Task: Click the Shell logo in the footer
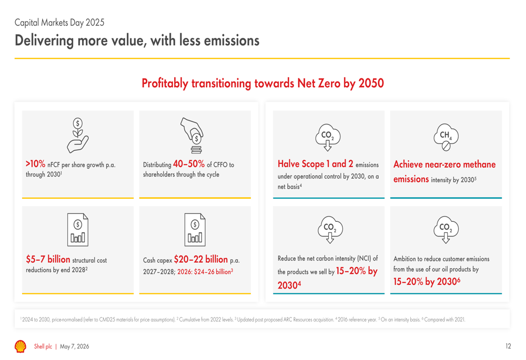pos(21,346)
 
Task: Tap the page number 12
pos(508,346)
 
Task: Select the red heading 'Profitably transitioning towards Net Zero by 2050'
pos(262,83)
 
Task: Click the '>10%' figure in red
pos(35,164)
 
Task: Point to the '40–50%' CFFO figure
pos(188,164)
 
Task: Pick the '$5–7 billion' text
pos(48,259)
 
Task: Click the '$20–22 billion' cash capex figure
pos(200,259)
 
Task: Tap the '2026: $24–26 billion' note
pos(205,272)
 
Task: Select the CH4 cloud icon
pos(446,137)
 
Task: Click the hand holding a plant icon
pos(77,136)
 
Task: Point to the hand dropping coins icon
pos(193,136)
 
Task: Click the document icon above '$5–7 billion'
pos(78,230)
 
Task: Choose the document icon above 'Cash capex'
pos(195,230)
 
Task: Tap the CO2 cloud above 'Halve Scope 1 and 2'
pos(328,137)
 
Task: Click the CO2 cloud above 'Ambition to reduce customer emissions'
pos(446,230)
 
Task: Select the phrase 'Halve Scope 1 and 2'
pos(315,163)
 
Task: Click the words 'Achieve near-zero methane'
pos(444,164)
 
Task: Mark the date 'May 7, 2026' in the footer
pos(75,346)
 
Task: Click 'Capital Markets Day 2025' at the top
pos(59,23)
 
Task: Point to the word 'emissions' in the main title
pos(232,40)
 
